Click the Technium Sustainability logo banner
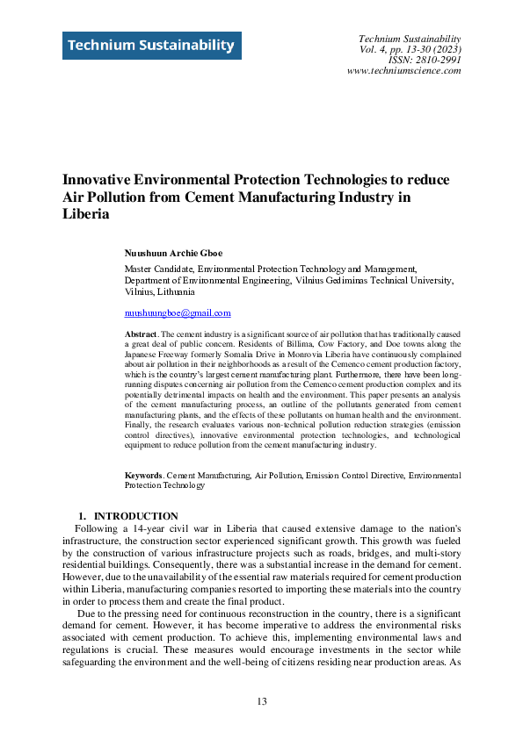tap(151, 45)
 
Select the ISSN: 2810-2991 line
tap(425, 60)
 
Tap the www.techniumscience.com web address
tap(404, 70)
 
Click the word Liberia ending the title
tap(85, 213)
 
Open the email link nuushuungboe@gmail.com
tap(178, 312)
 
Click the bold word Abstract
tap(141, 335)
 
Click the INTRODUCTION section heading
tap(136, 516)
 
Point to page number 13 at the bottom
tap(261, 700)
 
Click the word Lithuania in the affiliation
tap(173, 291)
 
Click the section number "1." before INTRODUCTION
tap(84, 516)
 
